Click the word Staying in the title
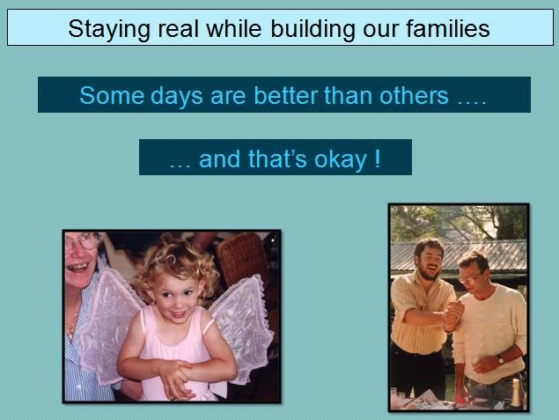click(x=109, y=29)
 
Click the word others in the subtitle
click(x=414, y=95)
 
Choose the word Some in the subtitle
click(x=111, y=95)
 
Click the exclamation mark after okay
click(x=378, y=158)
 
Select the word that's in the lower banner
click(x=277, y=158)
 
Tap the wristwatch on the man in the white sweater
click(x=501, y=359)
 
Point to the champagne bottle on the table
click(x=516, y=393)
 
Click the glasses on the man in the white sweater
click(x=470, y=277)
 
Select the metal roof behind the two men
click(x=460, y=255)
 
